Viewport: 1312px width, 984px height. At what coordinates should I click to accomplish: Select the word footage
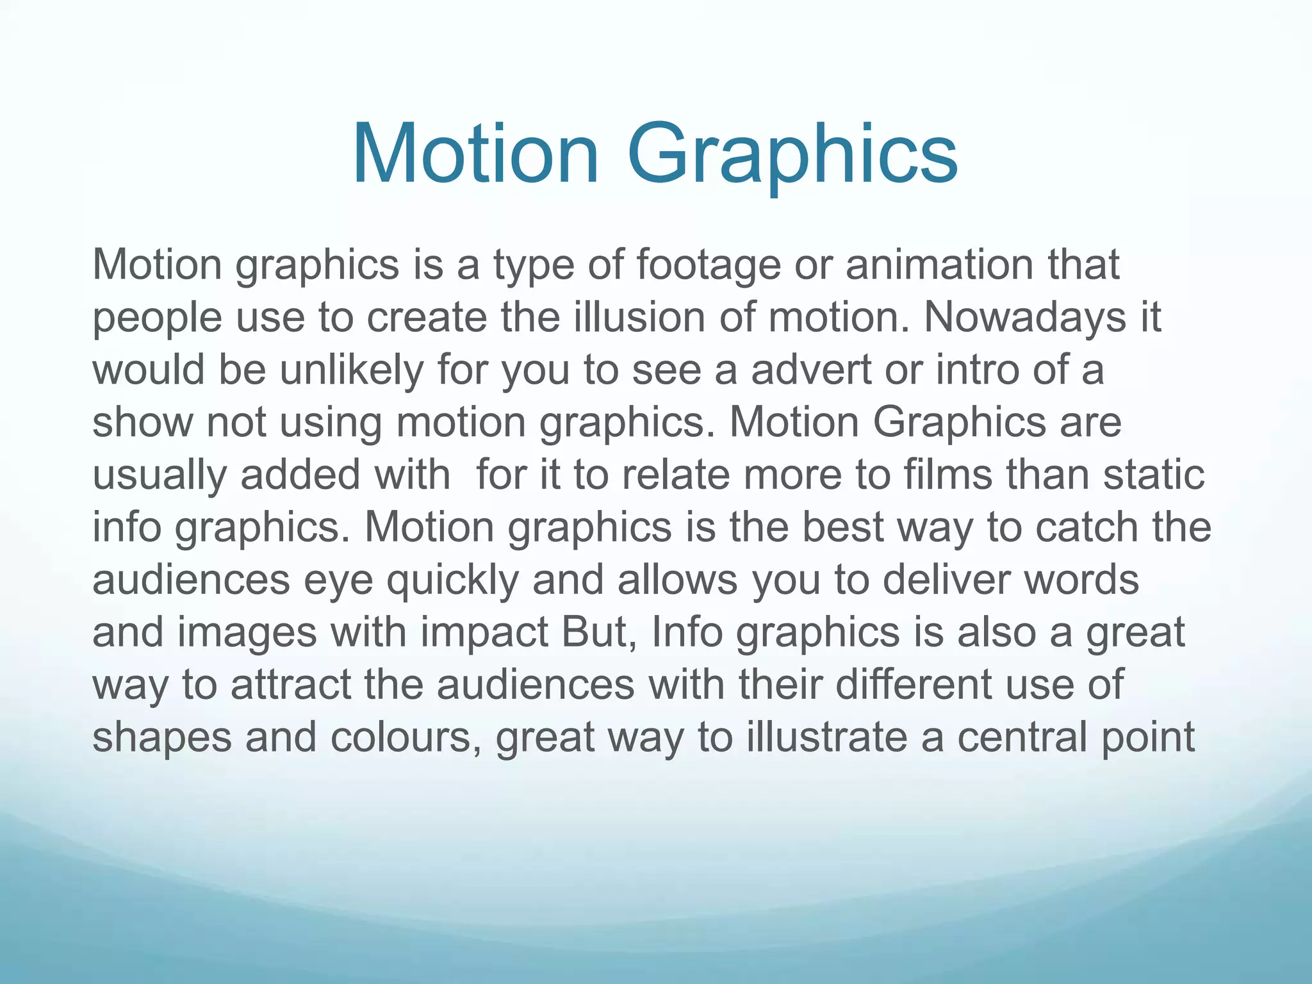click(x=708, y=266)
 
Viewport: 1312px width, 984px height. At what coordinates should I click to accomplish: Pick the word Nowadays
click(x=1024, y=317)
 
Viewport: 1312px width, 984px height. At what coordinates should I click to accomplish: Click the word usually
click(x=160, y=476)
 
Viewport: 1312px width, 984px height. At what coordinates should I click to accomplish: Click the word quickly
click(x=452, y=581)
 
